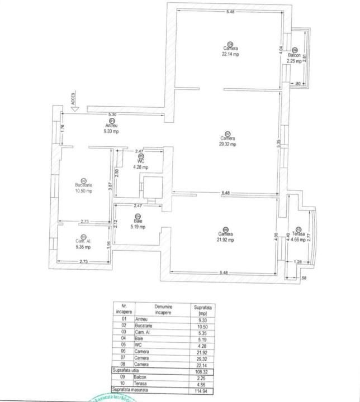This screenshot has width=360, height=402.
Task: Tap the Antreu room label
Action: [x=112, y=126]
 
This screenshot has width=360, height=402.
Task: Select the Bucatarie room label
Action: [x=84, y=185]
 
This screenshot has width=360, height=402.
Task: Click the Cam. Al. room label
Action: [x=84, y=241]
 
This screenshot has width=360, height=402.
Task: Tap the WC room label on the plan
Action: [x=141, y=161]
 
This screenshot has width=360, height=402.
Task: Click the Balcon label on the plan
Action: [x=295, y=56]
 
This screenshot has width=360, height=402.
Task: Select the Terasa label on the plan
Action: [x=298, y=234]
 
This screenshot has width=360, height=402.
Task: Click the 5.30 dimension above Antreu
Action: [x=113, y=114]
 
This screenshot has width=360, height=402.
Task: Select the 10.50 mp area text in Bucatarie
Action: [x=84, y=191]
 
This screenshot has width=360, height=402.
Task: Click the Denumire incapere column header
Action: [x=163, y=310]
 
